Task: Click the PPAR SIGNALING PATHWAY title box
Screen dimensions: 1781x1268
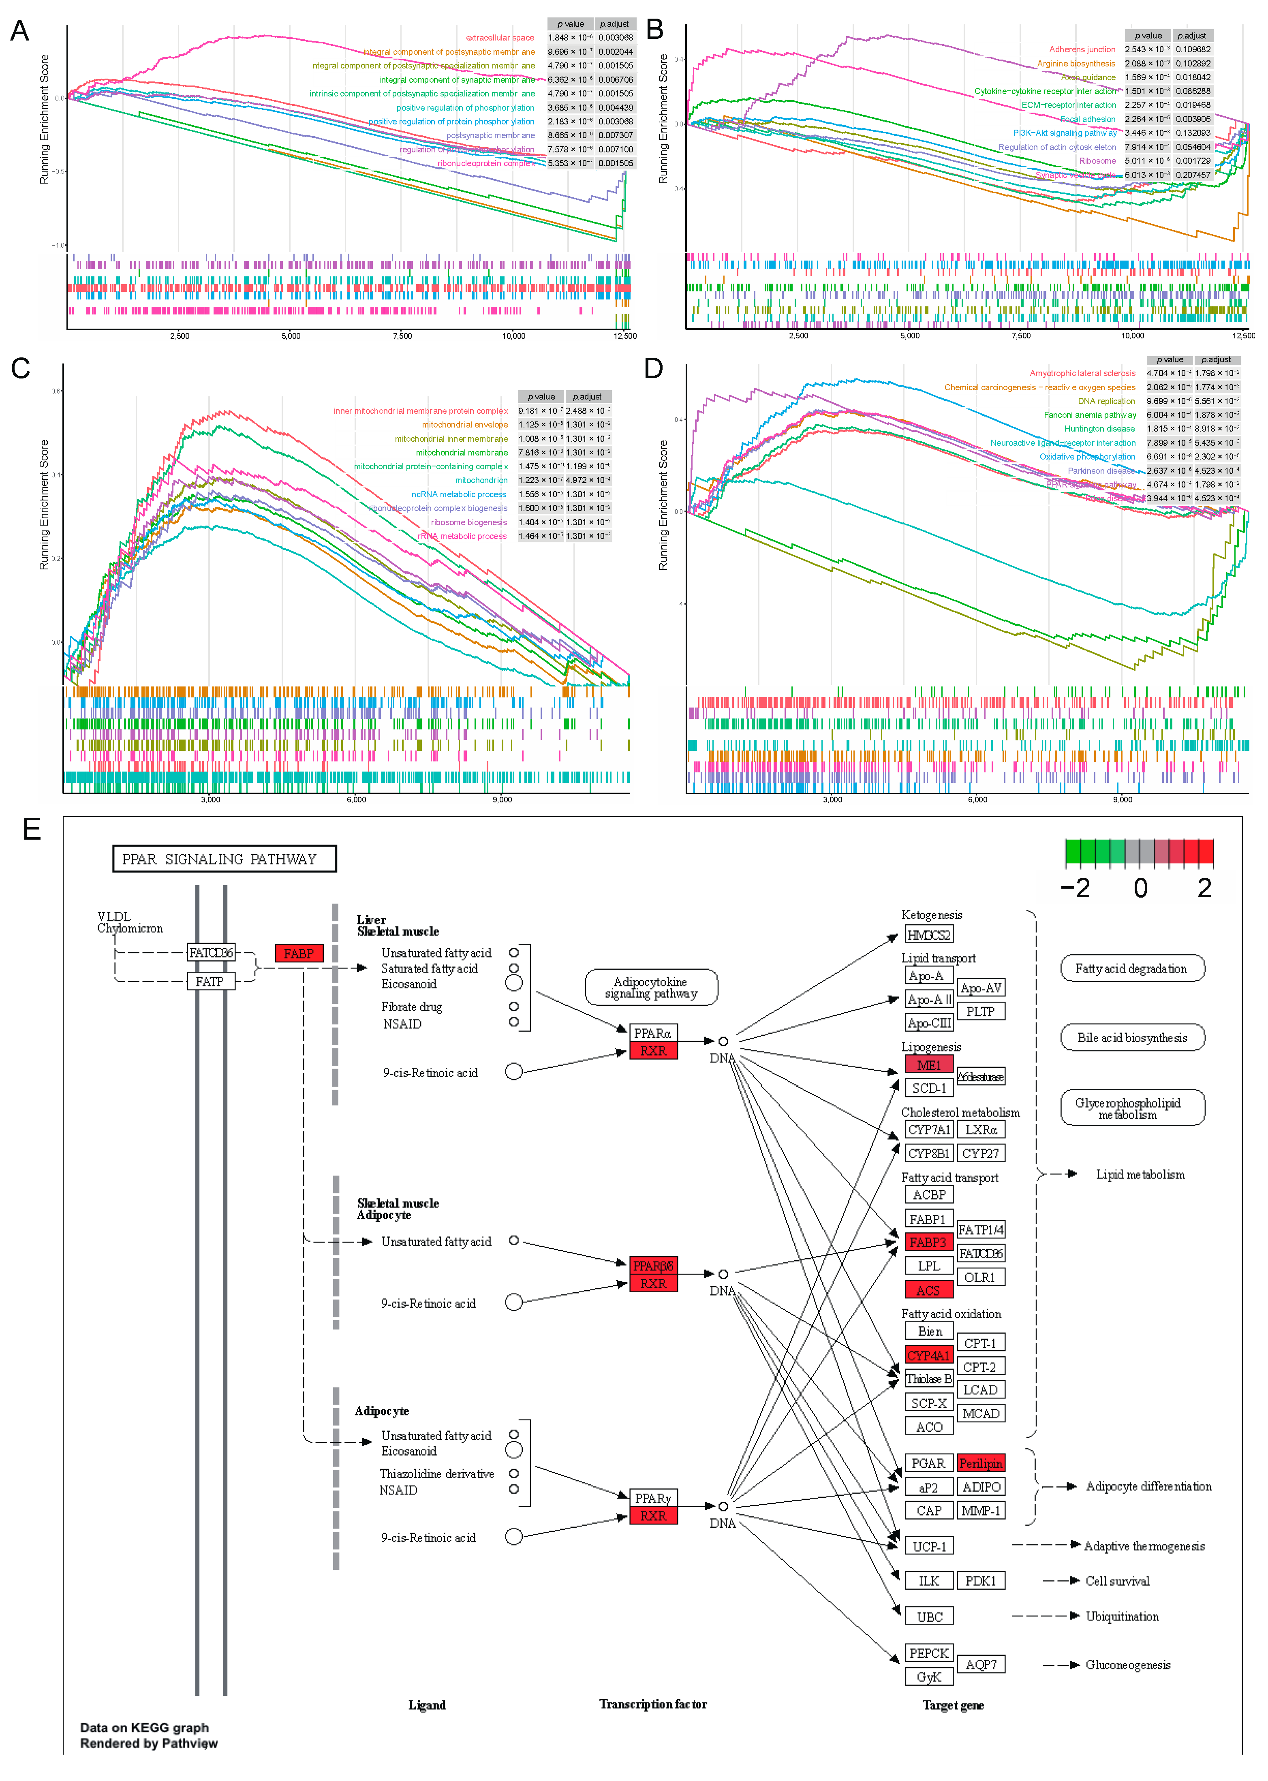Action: [x=224, y=859]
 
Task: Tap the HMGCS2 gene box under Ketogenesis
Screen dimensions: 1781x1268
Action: [x=928, y=934]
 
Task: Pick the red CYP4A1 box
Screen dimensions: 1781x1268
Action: [x=928, y=1356]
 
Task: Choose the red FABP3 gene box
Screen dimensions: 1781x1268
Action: [x=928, y=1242]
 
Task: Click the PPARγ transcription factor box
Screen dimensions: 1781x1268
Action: [x=653, y=1499]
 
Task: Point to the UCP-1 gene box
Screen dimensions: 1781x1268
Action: [x=929, y=1546]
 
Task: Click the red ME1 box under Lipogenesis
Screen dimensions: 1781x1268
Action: [x=928, y=1065]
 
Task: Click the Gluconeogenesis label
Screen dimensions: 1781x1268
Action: [x=1127, y=1666]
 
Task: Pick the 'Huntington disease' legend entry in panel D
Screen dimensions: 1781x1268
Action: [x=1099, y=429]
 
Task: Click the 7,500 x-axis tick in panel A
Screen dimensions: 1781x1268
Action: [x=402, y=336]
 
